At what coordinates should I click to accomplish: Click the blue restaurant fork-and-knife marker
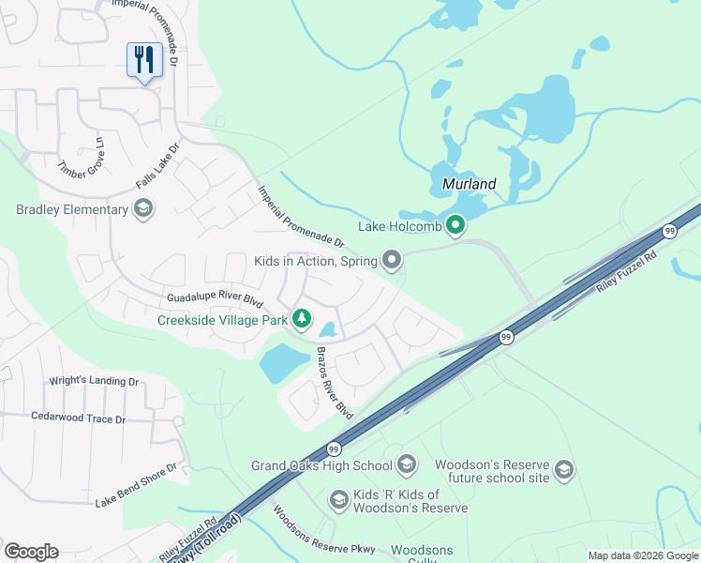(144, 60)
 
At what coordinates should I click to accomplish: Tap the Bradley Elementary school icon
(143, 208)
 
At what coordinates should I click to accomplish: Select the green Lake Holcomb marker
(455, 225)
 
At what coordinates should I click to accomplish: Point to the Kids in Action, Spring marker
(392, 259)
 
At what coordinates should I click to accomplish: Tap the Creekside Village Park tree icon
(301, 320)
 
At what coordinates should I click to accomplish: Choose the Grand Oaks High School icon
(407, 464)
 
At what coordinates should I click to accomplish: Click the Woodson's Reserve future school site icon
(563, 470)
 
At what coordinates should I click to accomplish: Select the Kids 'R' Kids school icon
(337, 501)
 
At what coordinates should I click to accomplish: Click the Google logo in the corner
(31, 551)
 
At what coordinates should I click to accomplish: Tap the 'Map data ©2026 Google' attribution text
(643, 555)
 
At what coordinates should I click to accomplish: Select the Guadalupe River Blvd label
(215, 297)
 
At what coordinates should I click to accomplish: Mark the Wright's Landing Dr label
(93, 382)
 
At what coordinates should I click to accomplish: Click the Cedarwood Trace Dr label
(78, 418)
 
